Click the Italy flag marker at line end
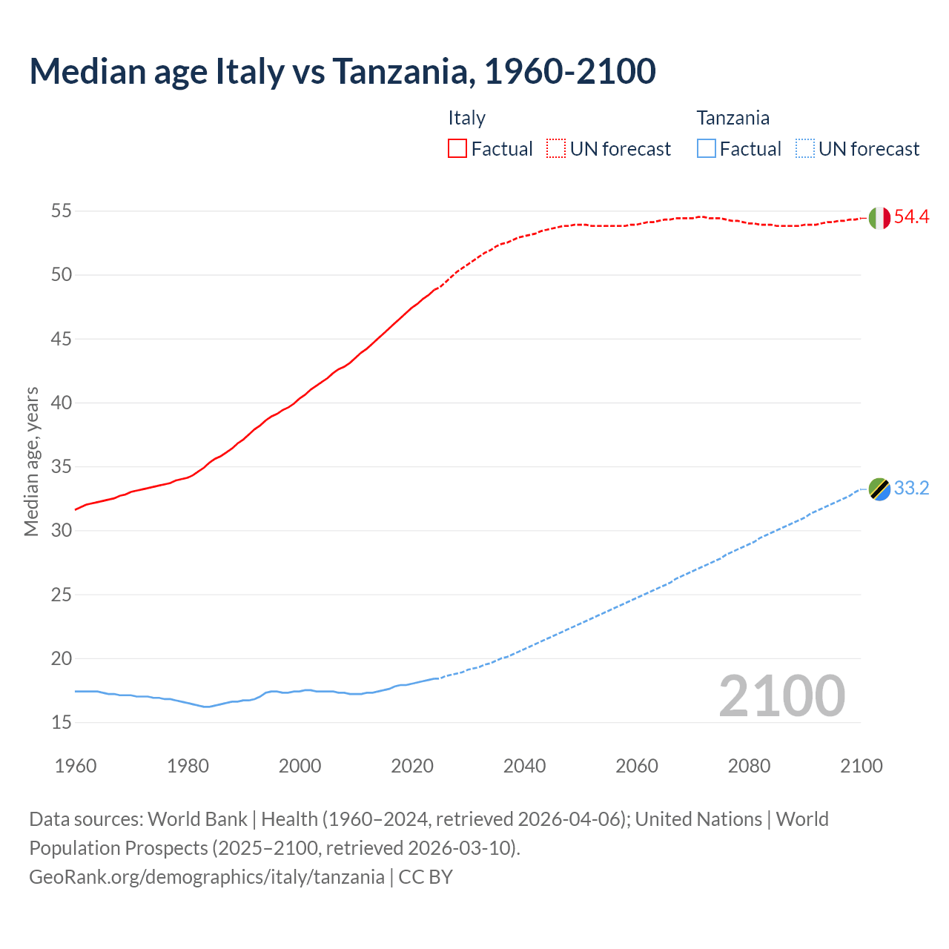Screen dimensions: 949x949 [879, 218]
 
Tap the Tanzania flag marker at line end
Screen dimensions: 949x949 [879, 489]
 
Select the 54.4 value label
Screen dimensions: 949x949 [911, 217]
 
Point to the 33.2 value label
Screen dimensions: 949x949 [911, 489]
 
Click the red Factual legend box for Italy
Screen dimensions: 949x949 [457, 149]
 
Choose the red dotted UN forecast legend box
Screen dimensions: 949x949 [556, 149]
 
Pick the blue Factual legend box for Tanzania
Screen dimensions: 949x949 [707, 149]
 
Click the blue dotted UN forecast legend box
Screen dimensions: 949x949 [804, 149]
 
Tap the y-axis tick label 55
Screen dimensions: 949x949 [61, 211]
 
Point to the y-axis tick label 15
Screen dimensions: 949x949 [61, 722]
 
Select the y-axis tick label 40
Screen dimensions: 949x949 [61, 403]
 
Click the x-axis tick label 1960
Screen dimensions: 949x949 [76, 766]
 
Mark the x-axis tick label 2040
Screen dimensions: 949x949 [524, 766]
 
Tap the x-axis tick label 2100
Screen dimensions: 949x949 [862, 766]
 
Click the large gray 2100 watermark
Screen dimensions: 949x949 [781, 696]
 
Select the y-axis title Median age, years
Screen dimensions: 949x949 [31, 461]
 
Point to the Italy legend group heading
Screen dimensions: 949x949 [466, 118]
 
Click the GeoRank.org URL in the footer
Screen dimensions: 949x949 [206, 877]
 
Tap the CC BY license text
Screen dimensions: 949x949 [426, 877]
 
